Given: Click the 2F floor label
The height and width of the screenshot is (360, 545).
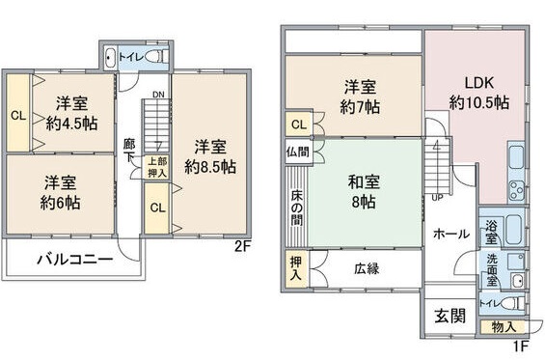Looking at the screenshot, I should [242, 246].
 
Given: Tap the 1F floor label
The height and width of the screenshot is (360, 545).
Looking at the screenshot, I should [521, 346].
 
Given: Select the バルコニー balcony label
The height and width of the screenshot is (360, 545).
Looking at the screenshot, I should [75, 259].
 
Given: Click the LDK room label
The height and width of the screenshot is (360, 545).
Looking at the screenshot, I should [478, 83].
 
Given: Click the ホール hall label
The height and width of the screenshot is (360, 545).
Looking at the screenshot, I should [450, 234].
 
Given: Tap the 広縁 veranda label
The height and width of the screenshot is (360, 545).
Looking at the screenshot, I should [366, 268].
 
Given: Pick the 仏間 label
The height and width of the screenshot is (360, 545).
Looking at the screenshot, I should [298, 152].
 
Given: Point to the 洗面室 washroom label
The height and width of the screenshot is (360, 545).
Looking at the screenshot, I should [491, 265].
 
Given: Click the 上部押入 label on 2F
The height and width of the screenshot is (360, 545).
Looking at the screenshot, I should [156, 167].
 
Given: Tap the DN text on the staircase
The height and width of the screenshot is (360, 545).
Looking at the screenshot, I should [157, 95].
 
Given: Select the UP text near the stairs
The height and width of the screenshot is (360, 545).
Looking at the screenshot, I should [437, 197].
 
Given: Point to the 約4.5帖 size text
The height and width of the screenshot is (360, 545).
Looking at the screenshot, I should [71, 123].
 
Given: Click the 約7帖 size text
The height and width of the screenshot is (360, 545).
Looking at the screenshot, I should [360, 103].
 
